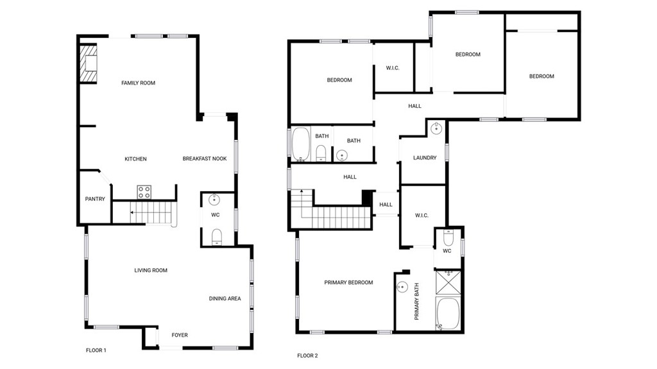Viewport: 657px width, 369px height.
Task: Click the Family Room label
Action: point(138,83)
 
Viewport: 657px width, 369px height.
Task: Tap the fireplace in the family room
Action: point(88,64)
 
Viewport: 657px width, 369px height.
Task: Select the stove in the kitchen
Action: point(144,191)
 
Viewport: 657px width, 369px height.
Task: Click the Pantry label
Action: point(95,199)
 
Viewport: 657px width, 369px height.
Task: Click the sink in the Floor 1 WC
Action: point(216,200)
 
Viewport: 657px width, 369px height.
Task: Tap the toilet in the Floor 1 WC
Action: point(216,236)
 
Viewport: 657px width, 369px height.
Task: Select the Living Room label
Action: point(151,270)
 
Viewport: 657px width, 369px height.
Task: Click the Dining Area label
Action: point(225,298)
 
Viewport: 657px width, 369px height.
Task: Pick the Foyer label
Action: point(180,335)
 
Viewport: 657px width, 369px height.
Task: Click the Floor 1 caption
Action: point(96,350)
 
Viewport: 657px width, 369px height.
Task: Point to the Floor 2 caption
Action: point(307,356)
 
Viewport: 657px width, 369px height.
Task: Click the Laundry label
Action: point(425,158)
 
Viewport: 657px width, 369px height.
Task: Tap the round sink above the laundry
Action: point(437,128)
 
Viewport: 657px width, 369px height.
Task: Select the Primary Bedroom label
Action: point(348,282)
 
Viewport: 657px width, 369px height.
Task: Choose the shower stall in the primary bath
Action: point(448,281)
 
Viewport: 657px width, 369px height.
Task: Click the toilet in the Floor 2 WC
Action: point(448,238)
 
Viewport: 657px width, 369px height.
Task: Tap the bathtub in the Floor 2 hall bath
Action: point(301,144)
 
